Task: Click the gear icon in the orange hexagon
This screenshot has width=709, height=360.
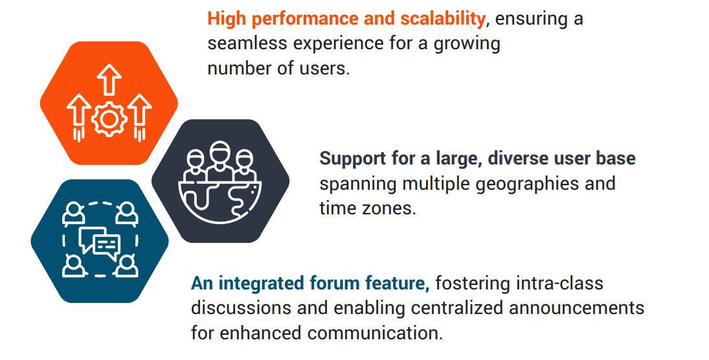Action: [109, 119]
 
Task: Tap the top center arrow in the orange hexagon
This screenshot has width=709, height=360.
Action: [109, 80]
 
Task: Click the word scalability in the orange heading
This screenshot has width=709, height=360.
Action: [442, 19]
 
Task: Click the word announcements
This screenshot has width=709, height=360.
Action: [576, 308]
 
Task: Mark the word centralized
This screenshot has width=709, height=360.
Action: [458, 308]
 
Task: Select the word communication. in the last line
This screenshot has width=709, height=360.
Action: [376, 333]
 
